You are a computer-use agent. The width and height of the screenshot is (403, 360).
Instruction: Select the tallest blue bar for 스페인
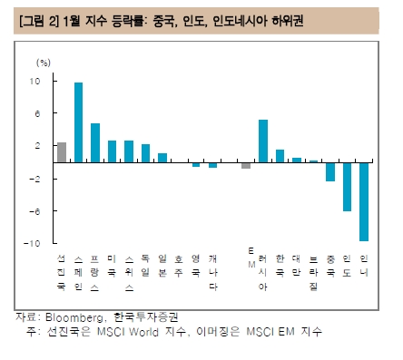(78, 122)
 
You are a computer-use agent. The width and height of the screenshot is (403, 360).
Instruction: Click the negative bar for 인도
(347, 186)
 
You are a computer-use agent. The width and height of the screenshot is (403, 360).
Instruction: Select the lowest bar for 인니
(363, 201)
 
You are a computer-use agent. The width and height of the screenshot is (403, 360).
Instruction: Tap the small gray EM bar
(246, 165)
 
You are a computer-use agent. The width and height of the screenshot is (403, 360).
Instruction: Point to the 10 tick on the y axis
(34, 82)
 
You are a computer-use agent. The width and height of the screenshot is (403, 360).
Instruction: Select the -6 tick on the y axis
(34, 211)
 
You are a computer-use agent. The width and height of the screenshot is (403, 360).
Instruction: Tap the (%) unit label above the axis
(43, 63)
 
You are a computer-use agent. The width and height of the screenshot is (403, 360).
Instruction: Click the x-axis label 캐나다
(212, 271)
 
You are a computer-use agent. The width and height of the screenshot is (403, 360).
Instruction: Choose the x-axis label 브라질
(313, 271)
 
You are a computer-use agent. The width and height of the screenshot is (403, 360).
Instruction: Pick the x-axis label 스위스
(128, 271)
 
